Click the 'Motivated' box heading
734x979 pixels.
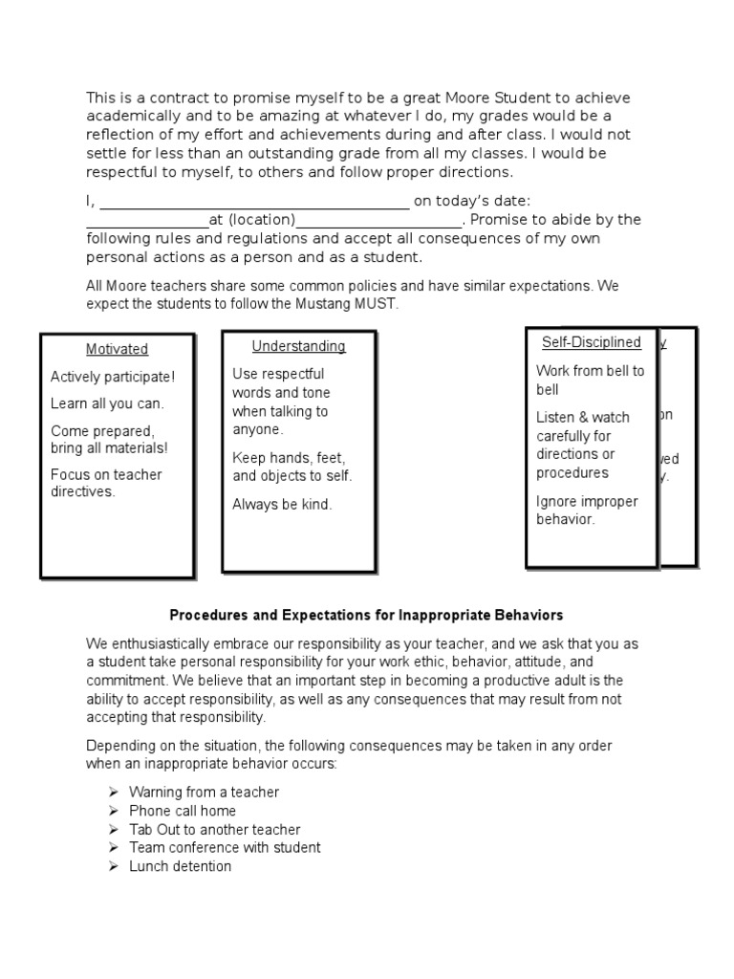pos(117,349)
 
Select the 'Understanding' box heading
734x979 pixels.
pos(298,346)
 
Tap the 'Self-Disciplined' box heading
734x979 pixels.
pos(591,342)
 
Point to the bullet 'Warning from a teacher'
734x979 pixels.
pos(204,793)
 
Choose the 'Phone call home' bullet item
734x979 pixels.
pos(182,811)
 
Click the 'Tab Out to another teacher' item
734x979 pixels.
pos(214,830)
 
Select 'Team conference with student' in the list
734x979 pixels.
pos(225,848)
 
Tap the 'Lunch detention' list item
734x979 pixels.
pos(180,866)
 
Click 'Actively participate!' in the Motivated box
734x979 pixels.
pos(113,377)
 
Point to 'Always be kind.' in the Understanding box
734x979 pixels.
pos(282,505)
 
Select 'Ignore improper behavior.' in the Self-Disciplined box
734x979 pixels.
pos(587,511)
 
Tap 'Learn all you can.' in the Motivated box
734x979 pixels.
pos(107,403)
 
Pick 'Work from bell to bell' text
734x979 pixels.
pos(590,380)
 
